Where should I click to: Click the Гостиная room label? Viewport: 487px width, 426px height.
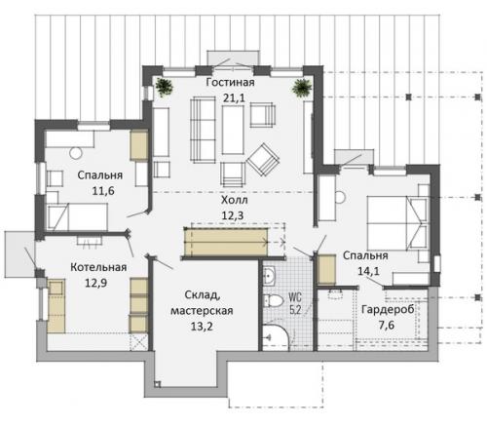coord(230,82)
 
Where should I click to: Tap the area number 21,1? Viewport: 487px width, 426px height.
coord(234,97)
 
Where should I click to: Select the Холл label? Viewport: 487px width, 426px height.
coord(235,200)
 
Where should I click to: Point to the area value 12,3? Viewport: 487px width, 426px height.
coord(233,215)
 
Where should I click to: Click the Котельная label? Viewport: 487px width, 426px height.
coord(98,267)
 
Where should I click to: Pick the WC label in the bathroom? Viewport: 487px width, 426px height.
coord(295,296)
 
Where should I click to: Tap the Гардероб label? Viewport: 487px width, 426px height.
coord(388,309)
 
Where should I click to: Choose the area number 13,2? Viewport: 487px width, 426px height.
coord(202,326)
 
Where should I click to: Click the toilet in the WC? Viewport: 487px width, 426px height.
coord(274,301)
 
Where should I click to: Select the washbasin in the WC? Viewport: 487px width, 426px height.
coord(269,276)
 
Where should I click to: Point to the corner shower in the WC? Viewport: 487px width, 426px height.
coord(276,337)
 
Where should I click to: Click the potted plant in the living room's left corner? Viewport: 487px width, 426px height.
coord(164,87)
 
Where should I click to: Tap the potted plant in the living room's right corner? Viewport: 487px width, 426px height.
coord(302,87)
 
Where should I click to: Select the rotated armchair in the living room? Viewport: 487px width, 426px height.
coord(263,160)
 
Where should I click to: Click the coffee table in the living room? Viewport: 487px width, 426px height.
coord(233,130)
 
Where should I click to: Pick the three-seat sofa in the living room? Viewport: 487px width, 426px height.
coord(203,130)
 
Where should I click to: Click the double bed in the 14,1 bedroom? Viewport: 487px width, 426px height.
coord(397,223)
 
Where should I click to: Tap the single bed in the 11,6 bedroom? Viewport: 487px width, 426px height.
coord(77,216)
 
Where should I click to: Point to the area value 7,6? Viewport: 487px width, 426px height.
coord(387,325)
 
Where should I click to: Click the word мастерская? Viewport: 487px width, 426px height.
coord(202,310)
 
